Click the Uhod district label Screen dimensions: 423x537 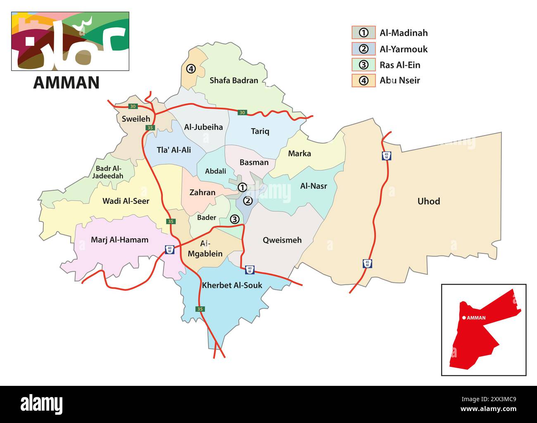point(428,201)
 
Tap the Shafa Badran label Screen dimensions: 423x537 point(234,80)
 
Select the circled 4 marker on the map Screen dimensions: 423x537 point(190,69)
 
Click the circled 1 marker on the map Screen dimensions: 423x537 point(242,187)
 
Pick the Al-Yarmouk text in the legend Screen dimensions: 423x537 point(404,49)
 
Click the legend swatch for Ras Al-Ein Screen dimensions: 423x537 point(364,65)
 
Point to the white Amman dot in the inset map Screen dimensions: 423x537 point(464,318)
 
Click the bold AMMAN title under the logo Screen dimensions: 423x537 point(66,83)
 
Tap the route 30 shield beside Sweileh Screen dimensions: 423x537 point(133,106)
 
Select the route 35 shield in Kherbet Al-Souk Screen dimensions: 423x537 point(200,309)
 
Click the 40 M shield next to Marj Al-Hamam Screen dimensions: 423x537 point(169,249)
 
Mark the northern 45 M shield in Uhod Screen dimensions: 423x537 point(386,156)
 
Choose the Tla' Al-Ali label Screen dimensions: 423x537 point(173,150)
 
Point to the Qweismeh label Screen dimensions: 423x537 point(282,240)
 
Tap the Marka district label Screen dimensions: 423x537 point(299,154)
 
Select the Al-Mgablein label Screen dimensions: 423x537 point(205,249)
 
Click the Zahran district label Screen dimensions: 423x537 point(202,192)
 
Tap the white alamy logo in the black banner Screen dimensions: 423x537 point(42,404)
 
